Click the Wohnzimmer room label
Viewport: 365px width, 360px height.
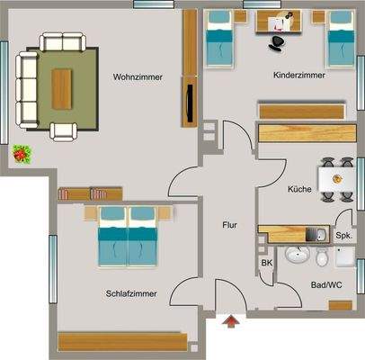pyautogui.click(x=138, y=77)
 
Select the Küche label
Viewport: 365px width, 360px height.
pyautogui.click(x=299, y=189)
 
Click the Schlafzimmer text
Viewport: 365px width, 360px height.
pyautogui.click(x=131, y=293)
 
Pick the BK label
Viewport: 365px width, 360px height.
pyautogui.click(x=266, y=262)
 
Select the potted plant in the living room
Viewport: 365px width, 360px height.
pyautogui.click(x=22, y=154)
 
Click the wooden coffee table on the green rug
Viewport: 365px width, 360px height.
pyautogui.click(x=63, y=86)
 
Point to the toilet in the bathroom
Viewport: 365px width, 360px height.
pyautogui.click(x=322, y=258)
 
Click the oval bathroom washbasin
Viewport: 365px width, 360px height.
pyautogui.click(x=296, y=256)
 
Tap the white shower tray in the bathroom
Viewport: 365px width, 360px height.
pyautogui.click(x=347, y=258)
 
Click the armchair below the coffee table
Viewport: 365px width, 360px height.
pyautogui.click(x=66, y=130)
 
